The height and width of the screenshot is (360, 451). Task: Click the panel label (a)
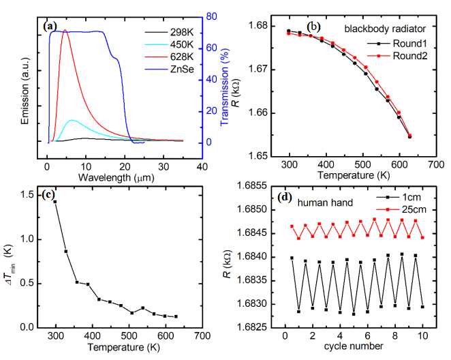pos(50,26)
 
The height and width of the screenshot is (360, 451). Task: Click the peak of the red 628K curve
pos(65,31)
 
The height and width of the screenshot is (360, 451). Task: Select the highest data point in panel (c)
pos(55,202)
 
